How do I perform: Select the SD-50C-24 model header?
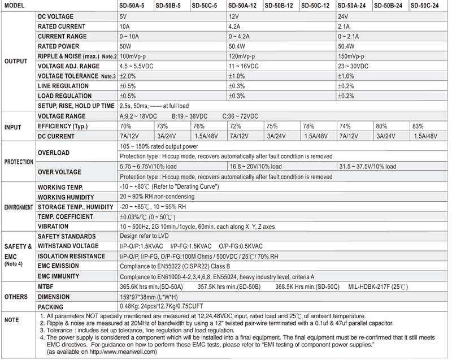(x=425, y=6)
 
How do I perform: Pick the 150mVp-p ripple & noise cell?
(x=355, y=57)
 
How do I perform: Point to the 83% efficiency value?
(x=419, y=125)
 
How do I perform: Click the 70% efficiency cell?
(x=125, y=125)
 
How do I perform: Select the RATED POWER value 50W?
(x=125, y=46)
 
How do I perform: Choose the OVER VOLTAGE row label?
(x=59, y=172)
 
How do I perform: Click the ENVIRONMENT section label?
(x=17, y=207)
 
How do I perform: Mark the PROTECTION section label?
(x=17, y=162)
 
